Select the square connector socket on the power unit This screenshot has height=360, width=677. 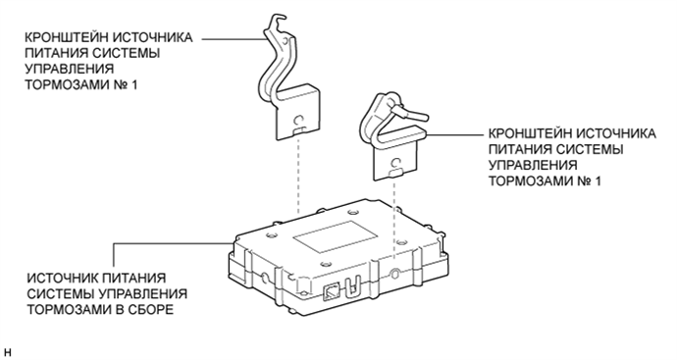(x=332, y=291)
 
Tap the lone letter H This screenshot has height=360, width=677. (x=7, y=352)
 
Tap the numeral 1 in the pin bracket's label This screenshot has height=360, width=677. (x=598, y=180)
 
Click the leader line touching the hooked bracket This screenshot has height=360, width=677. (x=234, y=38)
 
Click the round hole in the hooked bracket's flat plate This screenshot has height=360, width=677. (x=298, y=120)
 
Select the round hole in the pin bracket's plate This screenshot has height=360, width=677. (x=395, y=163)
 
